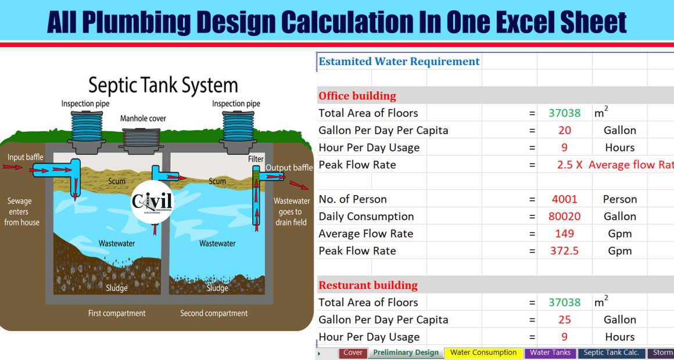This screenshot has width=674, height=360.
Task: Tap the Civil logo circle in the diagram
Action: pos(152,201)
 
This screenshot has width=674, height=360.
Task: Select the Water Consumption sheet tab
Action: pos(483,352)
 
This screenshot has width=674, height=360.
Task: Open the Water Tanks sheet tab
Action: pos(550,352)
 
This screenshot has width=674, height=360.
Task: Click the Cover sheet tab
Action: pos(353,352)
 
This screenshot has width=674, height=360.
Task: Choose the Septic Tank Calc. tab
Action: pos(612,352)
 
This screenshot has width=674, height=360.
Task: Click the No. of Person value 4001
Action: pos(564,199)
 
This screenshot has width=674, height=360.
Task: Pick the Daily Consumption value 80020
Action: pos(564,217)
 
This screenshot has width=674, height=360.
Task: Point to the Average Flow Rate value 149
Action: pos(564,233)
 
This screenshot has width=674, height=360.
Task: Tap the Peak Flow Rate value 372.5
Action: pos(564,251)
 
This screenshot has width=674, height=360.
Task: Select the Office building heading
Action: pos(357,96)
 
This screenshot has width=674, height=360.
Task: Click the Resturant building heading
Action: pos(368,285)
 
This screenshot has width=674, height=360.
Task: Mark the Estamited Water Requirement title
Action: pos(399,62)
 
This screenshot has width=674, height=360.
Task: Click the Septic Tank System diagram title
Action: pos(163,86)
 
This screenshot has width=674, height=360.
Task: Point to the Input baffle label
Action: pos(26,157)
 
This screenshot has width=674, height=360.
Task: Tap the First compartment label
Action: pos(117,313)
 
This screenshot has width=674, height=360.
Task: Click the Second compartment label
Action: pos(214,313)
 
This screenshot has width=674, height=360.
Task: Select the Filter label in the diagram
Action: pos(256,159)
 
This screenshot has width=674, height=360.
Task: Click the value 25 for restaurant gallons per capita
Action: pos(564,319)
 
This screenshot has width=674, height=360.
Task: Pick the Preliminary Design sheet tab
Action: pos(406,352)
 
